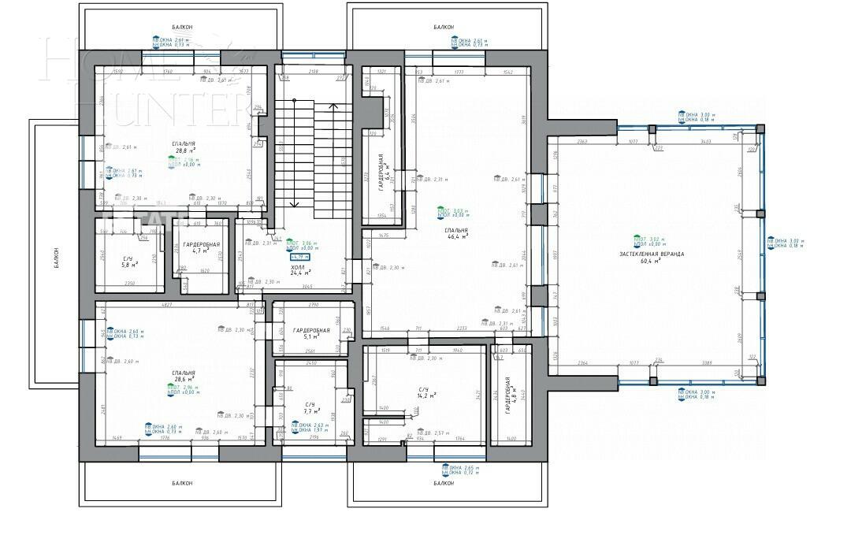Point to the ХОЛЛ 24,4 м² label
[298, 270]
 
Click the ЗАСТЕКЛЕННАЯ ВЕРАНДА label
[651, 254]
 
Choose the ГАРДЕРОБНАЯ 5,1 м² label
[310, 333]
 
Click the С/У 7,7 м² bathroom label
[312, 407]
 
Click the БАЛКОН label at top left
[180, 28]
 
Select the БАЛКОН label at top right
[444, 28]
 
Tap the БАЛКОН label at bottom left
[180, 483]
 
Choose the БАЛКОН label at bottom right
[444, 483]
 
